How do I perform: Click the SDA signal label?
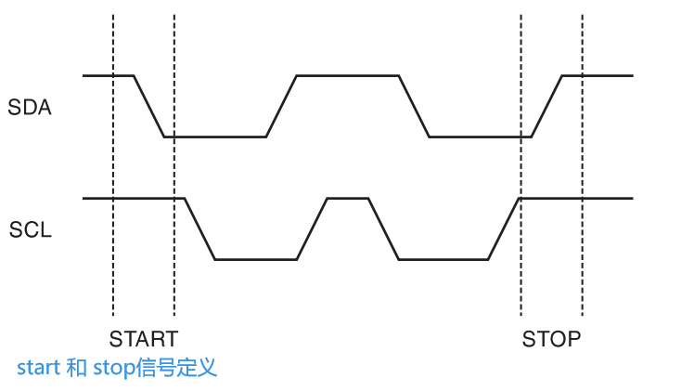[x=30, y=107]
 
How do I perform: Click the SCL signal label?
[x=30, y=229]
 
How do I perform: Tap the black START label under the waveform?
[x=143, y=338]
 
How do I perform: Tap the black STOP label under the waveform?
[x=551, y=338]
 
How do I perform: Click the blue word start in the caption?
[x=38, y=368]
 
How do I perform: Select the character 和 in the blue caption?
[x=77, y=368]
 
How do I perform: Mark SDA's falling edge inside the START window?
[x=149, y=106]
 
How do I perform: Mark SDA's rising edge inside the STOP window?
[x=546, y=106]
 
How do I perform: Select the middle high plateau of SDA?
[x=347, y=75]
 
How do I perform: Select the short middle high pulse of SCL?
[x=348, y=198]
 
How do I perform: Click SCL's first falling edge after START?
[x=199, y=228]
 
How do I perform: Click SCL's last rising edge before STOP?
[x=504, y=228]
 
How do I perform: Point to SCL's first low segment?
[x=256, y=259]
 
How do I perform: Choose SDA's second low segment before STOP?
[x=479, y=137]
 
